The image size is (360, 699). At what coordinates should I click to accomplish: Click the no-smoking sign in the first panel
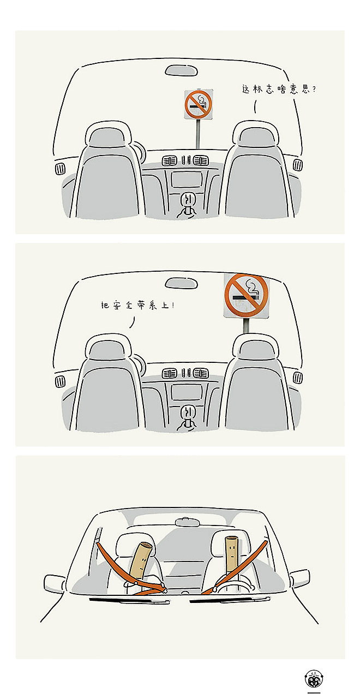tap(199, 104)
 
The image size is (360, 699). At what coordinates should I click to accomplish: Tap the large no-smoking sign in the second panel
tap(247, 296)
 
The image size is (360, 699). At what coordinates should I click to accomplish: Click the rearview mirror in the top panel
tap(181, 70)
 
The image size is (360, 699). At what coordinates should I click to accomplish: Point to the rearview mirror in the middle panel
tap(181, 283)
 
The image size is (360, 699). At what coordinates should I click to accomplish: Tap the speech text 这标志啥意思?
tap(279, 89)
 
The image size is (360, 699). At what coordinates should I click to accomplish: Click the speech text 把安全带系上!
tap(137, 305)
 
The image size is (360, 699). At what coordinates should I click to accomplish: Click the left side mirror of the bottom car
tap(55, 583)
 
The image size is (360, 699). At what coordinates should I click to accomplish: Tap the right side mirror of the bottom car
tap(299, 578)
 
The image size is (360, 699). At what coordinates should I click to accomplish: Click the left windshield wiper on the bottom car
tap(129, 600)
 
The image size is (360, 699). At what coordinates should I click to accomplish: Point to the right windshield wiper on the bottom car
tap(230, 600)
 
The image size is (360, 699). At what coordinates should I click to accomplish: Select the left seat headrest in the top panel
tap(108, 135)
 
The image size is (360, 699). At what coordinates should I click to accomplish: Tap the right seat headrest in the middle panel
tap(255, 347)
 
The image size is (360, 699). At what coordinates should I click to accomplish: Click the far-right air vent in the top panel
tap(297, 164)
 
